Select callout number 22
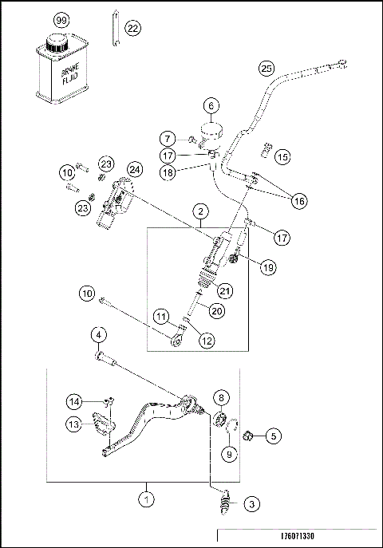click(x=132, y=28)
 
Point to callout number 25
click(x=267, y=69)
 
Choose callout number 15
click(x=282, y=158)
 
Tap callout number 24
click(x=134, y=169)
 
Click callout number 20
click(x=216, y=311)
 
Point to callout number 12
click(x=207, y=341)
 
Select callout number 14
click(x=74, y=400)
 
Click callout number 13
click(x=73, y=425)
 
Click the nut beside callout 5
click(x=248, y=436)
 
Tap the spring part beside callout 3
click(x=223, y=503)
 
